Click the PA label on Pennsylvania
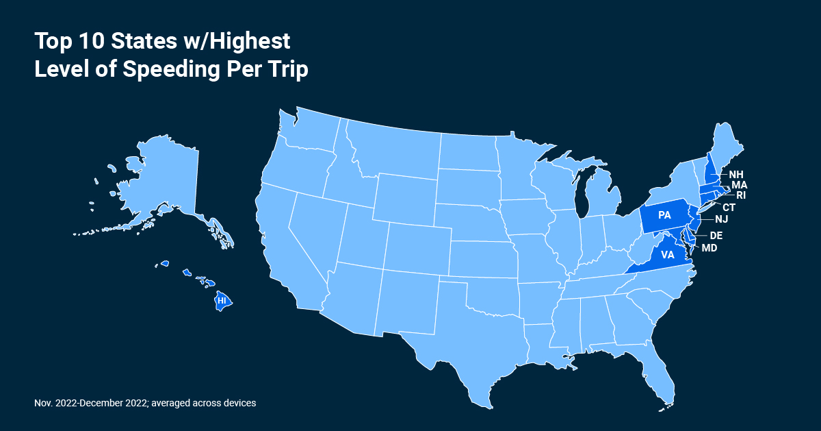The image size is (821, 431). pyautogui.click(x=664, y=215)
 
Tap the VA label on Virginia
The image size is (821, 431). pyautogui.click(x=668, y=255)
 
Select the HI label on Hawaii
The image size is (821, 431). pyautogui.click(x=221, y=300)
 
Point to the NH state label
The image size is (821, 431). pyautogui.click(x=736, y=174)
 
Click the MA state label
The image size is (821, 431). pyautogui.click(x=739, y=185)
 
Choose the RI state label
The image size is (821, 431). pyautogui.click(x=740, y=195)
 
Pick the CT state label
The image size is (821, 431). pyautogui.click(x=729, y=207)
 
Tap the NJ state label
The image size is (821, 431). pyautogui.click(x=721, y=219)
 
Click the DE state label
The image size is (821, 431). pyautogui.click(x=716, y=235)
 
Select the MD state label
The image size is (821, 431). pyautogui.click(x=709, y=247)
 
